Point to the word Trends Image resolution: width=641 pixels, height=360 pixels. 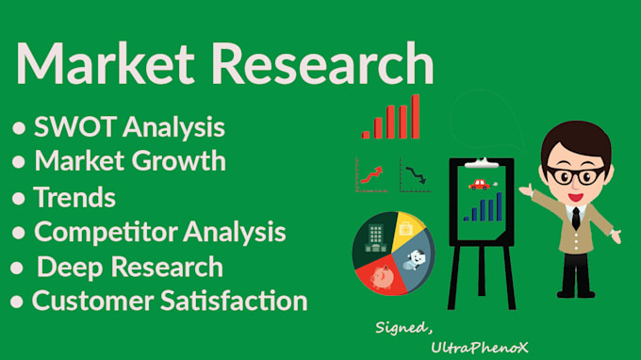(74, 197)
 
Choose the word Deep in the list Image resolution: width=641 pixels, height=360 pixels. (69, 267)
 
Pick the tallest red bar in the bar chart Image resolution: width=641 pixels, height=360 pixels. (415, 116)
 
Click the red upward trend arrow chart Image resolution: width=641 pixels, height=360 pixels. (370, 174)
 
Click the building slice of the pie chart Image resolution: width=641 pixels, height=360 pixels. (370, 237)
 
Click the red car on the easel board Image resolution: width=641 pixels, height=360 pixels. (481, 183)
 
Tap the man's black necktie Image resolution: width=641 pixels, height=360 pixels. (574, 218)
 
